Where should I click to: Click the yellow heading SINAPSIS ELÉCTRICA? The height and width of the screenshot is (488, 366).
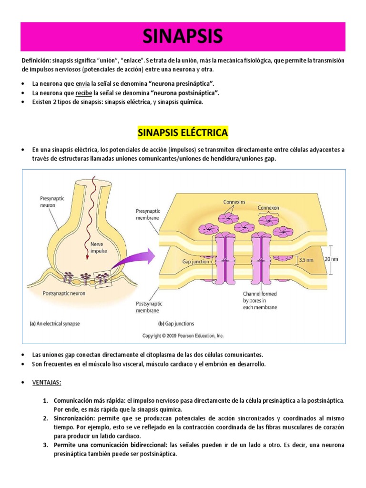[x=183, y=132]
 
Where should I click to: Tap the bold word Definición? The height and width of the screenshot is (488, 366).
[x=36, y=61]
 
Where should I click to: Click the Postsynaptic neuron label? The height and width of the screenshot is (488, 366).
[x=64, y=294]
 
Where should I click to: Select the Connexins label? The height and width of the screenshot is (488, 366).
[x=234, y=202]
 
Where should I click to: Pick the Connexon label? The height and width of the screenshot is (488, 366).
[x=269, y=208]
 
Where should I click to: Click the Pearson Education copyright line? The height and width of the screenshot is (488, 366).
[x=183, y=335]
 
